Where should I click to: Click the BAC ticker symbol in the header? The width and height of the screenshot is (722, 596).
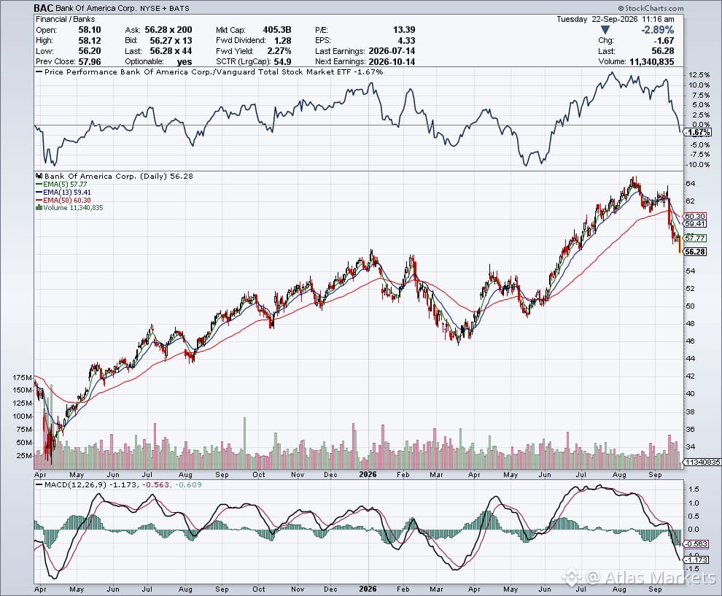[x=44, y=8]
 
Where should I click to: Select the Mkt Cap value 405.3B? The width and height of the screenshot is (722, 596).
[x=277, y=29]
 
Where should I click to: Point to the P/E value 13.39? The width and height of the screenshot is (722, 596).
[x=404, y=29]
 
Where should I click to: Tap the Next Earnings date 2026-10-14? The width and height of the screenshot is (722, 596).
[x=392, y=61]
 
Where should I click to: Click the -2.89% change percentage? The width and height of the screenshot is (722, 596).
[x=658, y=30]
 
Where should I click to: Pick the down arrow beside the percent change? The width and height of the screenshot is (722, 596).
[x=605, y=30]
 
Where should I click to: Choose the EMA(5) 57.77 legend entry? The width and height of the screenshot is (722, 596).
[x=61, y=185]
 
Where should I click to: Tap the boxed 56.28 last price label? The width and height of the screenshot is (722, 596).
[x=695, y=252]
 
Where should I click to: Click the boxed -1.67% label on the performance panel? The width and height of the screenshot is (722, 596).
[x=697, y=132]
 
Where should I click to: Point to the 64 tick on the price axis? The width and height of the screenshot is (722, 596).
[x=690, y=183]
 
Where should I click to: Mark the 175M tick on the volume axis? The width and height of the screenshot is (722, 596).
[x=23, y=378]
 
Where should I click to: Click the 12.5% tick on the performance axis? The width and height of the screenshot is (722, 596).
[x=699, y=74]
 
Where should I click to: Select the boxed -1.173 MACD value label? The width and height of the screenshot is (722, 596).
[x=696, y=560]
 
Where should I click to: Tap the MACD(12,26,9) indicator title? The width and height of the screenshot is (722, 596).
[x=71, y=484]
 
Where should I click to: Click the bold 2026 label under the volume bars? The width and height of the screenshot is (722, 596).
[x=368, y=474]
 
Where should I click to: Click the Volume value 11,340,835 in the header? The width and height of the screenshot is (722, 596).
[x=651, y=61]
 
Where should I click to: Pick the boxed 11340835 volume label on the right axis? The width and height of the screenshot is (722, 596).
[x=702, y=462]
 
